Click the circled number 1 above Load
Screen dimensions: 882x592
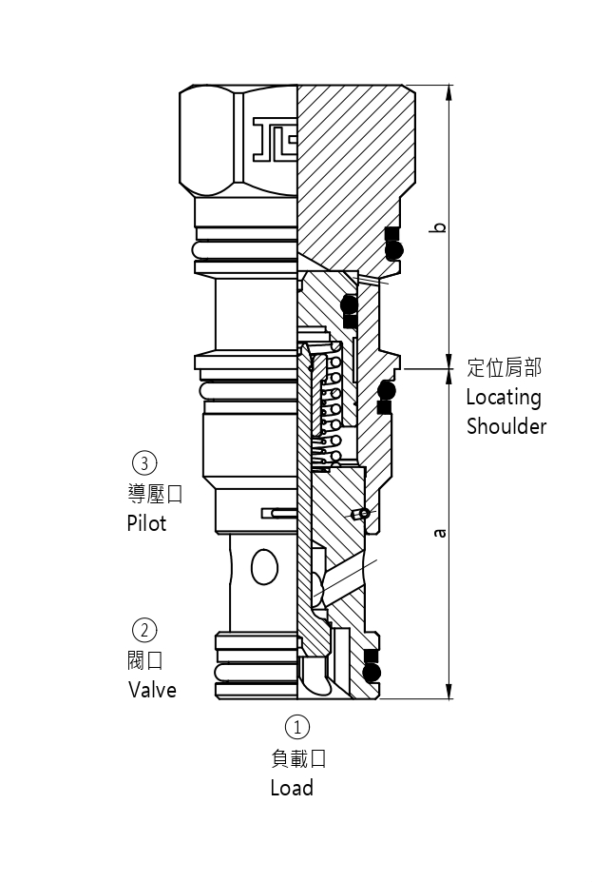297,728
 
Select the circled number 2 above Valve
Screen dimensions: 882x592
144,630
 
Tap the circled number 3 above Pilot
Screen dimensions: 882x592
143,463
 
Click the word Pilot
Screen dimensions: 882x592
146,522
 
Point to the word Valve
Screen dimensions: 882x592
152,689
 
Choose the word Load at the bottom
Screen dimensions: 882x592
292,788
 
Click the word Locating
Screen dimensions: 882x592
504,397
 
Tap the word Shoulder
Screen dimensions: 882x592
506,426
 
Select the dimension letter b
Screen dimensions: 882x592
438,227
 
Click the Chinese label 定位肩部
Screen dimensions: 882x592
505,367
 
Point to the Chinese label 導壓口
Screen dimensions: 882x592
154,494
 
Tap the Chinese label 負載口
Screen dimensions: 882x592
298,758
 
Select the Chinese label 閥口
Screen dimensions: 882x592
145,659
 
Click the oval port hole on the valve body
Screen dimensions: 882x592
264,568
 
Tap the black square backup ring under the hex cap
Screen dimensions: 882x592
391,233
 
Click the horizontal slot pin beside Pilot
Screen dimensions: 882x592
277,513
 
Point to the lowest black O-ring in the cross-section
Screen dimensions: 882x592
372,673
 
